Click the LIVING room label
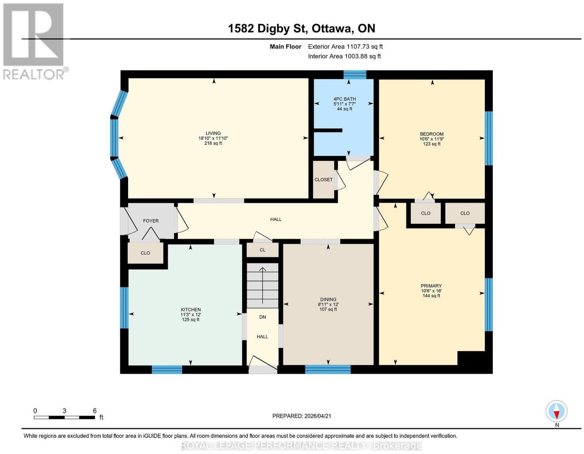click(213, 133)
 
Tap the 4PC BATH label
click(345, 99)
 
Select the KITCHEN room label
click(191, 309)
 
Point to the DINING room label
click(328, 299)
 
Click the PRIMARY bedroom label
click(431, 286)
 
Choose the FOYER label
click(151, 221)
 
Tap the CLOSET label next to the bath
click(324, 180)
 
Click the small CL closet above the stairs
click(262, 250)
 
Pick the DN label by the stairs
click(262, 317)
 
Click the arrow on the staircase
click(262, 285)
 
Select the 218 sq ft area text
click(213, 143)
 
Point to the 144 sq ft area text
click(431, 296)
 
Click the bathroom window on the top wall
click(355, 75)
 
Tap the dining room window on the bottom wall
click(328, 369)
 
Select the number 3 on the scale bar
click(64, 411)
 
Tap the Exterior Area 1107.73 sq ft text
click(345, 46)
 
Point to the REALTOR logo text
click(34, 74)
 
